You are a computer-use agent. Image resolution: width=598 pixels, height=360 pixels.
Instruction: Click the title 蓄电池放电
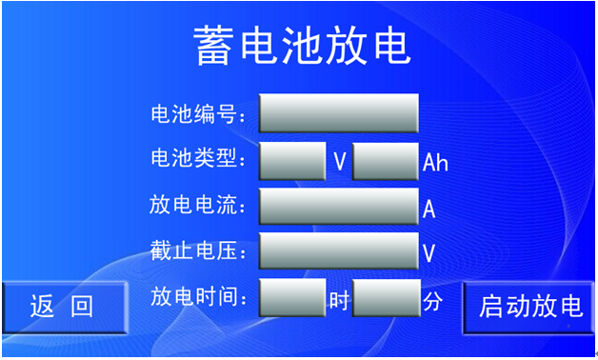click(302, 46)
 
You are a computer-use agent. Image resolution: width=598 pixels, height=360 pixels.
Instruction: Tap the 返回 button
click(63, 307)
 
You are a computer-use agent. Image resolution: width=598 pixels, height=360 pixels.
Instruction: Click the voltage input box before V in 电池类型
click(292, 161)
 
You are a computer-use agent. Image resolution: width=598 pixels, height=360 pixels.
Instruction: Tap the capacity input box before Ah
click(386, 161)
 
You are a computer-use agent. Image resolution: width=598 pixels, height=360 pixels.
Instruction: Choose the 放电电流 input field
click(338, 207)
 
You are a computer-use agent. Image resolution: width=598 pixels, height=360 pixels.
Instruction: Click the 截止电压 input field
click(338, 252)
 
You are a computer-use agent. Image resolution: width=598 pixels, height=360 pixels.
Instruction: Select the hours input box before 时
click(292, 299)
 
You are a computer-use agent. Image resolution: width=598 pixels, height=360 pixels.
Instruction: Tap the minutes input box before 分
click(386, 299)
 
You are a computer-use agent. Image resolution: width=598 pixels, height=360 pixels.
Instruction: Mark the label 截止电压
click(196, 251)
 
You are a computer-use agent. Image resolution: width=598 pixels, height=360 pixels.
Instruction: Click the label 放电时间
click(196, 298)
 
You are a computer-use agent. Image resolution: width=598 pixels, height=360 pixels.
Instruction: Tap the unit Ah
click(435, 163)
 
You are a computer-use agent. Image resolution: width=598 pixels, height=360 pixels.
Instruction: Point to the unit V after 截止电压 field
click(429, 254)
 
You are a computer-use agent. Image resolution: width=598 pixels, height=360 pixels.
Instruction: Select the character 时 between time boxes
click(340, 301)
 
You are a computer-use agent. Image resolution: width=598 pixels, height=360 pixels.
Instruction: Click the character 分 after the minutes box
click(433, 301)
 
